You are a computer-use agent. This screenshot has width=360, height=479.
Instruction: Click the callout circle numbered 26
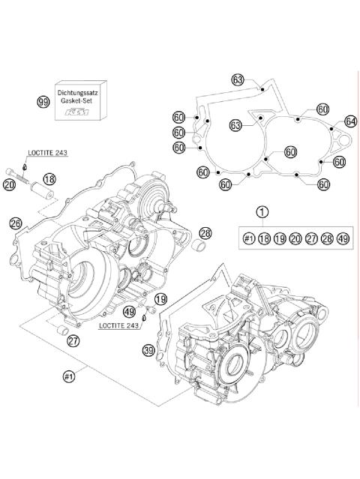tap(15, 223)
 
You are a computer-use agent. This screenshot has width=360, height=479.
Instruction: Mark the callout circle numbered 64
tap(350, 121)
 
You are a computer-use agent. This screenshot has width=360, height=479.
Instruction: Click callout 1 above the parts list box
tap(262, 212)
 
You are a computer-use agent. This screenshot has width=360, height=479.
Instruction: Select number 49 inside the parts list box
tap(343, 238)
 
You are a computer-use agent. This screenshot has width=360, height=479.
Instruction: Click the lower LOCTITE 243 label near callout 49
tap(120, 327)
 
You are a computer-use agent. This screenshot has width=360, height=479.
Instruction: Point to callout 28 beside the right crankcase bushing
tap(205, 232)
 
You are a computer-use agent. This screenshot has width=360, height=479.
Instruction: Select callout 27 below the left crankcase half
tap(73, 341)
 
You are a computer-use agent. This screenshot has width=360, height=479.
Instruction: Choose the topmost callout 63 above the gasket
tap(238, 79)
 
